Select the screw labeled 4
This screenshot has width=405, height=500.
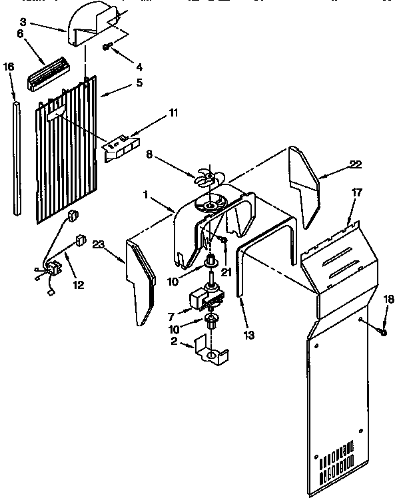(107, 47)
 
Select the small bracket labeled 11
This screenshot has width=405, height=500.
(121, 146)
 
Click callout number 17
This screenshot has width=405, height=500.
(356, 192)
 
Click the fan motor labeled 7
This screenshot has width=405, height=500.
(203, 297)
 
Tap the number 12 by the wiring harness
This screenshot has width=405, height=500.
(79, 285)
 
